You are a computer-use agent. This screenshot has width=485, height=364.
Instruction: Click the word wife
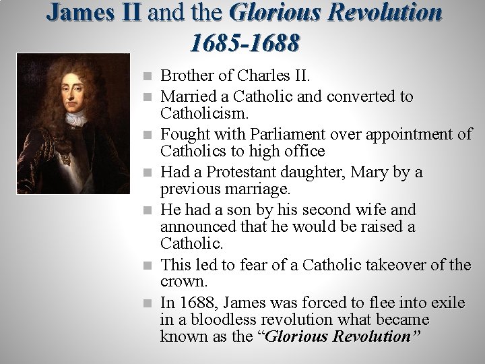pyautogui.click(x=381, y=210)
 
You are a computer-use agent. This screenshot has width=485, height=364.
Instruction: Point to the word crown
pyautogui.click(x=182, y=280)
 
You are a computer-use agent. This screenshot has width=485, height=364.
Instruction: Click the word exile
pyautogui.click(x=447, y=302)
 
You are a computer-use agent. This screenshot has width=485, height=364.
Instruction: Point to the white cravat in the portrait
pyautogui.click(x=75, y=119)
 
